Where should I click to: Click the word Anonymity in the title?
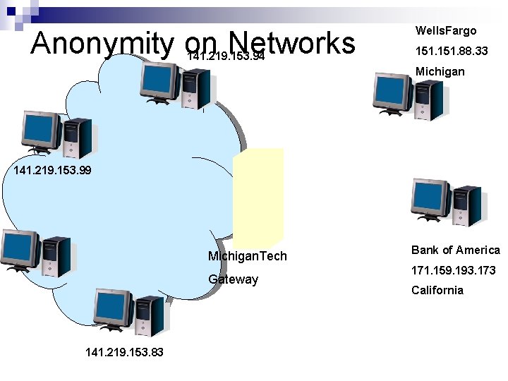(x=102, y=44)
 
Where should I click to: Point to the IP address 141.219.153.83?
(x=123, y=351)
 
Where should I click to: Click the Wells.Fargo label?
(x=446, y=30)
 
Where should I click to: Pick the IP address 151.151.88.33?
(x=451, y=51)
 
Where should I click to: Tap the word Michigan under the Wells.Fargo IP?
(x=440, y=71)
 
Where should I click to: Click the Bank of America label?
(x=455, y=250)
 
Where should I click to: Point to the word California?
(x=437, y=290)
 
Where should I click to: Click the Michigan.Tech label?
(x=248, y=255)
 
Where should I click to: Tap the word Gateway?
(x=233, y=279)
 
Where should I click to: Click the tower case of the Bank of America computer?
(x=466, y=205)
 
